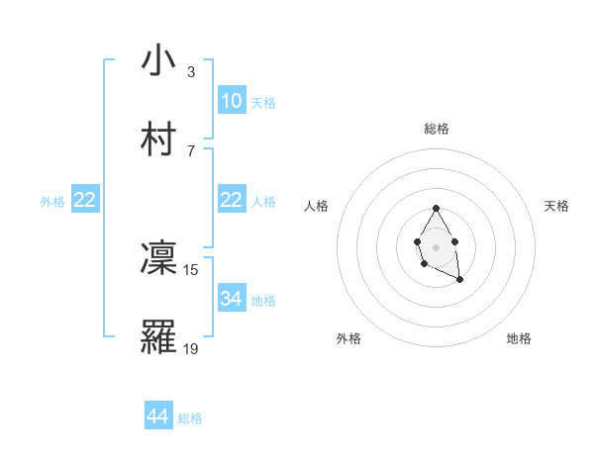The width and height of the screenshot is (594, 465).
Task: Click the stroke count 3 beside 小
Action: coord(190,71)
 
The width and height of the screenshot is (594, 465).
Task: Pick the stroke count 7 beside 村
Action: coord(190,149)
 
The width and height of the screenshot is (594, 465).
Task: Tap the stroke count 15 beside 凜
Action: coord(191,268)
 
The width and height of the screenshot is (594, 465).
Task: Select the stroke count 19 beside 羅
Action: coord(191,347)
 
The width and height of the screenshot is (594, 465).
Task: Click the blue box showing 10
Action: coord(232,101)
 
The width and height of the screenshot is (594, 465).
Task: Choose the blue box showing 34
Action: coord(232,299)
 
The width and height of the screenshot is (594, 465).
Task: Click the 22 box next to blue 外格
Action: coord(85,200)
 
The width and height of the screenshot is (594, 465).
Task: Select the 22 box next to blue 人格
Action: coord(232,200)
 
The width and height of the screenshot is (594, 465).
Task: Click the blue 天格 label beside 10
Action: coord(263,103)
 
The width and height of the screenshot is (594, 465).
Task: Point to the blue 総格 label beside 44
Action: coord(190,418)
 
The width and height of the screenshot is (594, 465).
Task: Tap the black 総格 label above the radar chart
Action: coord(437,129)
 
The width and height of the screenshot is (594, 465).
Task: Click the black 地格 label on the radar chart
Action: coord(519,338)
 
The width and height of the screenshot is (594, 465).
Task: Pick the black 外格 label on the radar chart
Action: coord(348,338)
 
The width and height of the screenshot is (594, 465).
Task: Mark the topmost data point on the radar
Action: coord(436,209)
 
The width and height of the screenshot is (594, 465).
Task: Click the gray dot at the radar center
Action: coord(436,245)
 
